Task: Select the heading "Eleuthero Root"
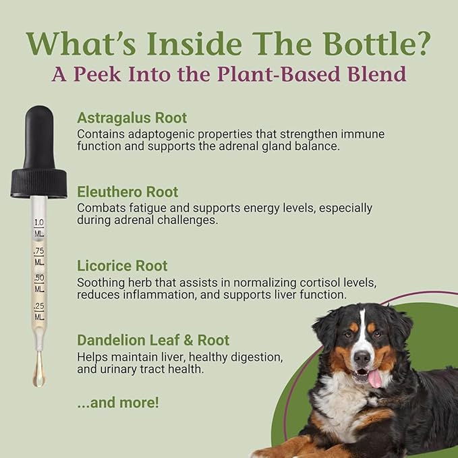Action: coord(127,192)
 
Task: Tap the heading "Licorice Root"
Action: coord(122,266)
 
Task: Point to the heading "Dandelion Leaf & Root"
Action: coord(153,340)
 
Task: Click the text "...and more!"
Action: coord(118,403)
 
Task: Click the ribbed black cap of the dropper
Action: coord(38,183)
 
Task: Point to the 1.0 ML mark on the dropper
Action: coord(39,227)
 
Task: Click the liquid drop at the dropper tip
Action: coord(39,375)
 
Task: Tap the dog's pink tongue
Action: coord(374,378)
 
